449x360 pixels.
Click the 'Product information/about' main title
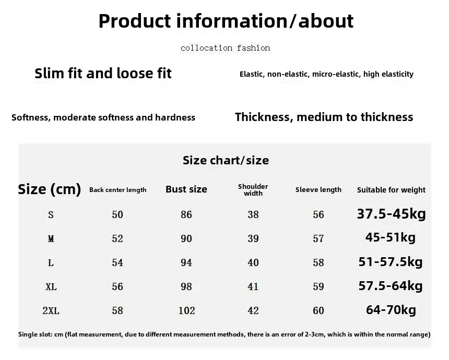(x=226, y=21)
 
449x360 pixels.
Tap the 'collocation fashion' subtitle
(x=226, y=48)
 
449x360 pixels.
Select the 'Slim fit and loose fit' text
(x=103, y=73)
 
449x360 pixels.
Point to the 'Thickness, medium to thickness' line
(x=324, y=117)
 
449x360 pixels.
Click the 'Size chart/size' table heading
(x=226, y=160)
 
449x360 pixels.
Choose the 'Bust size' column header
(x=186, y=189)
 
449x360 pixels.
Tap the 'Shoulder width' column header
(x=253, y=190)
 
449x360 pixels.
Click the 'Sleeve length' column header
(x=318, y=190)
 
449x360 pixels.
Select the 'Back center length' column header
(x=117, y=190)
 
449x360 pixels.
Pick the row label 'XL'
(x=51, y=286)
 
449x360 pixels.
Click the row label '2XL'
(x=51, y=310)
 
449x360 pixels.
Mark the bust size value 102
(x=187, y=310)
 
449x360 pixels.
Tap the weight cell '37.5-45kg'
(x=392, y=214)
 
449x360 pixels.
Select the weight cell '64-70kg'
(x=391, y=309)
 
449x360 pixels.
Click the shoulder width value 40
(x=253, y=262)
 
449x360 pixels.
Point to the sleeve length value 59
(x=318, y=286)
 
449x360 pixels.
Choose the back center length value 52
(x=117, y=238)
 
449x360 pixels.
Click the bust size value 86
(x=186, y=214)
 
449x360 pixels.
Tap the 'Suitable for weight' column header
(x=391, y=190)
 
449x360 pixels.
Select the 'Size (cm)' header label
(x=50, y=189)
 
